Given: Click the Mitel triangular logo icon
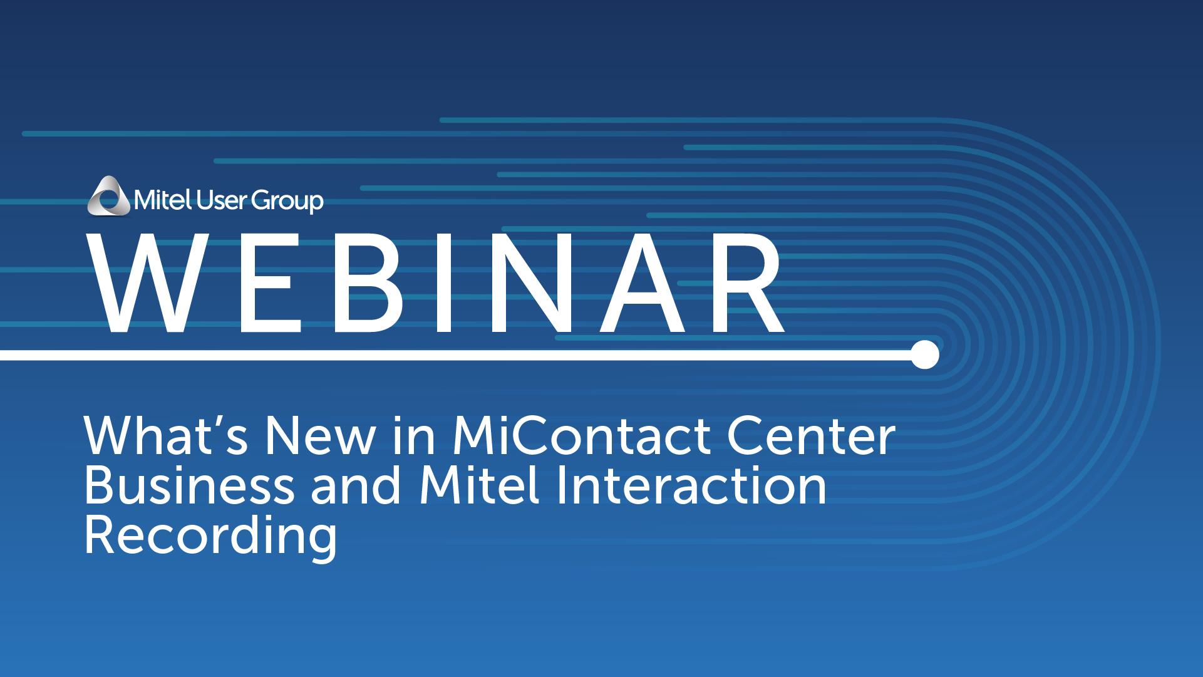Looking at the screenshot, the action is point(110,195).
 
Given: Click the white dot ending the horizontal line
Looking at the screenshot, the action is point(924,355).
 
